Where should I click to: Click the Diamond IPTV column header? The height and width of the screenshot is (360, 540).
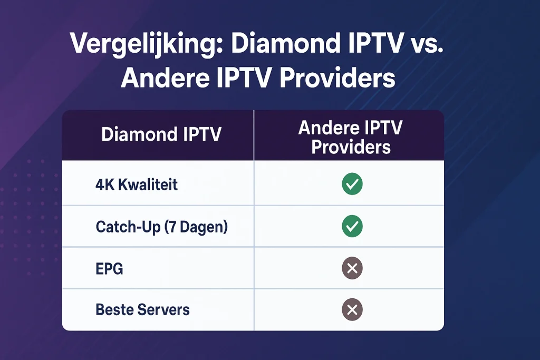161,134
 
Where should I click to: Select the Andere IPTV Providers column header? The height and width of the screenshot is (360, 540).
351,137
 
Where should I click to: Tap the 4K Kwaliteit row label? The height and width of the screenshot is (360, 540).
137,184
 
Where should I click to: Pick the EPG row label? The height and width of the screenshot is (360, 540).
110,269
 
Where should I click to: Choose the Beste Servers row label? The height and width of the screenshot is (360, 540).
142,309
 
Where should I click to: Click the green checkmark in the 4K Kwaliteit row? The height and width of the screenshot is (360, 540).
352,184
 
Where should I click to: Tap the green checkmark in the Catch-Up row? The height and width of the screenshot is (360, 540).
352,227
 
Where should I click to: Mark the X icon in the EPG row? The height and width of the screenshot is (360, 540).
352,269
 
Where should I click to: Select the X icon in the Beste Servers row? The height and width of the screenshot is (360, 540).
352,309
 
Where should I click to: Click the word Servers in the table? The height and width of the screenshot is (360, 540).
163,309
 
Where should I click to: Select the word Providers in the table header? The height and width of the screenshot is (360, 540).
351,147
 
